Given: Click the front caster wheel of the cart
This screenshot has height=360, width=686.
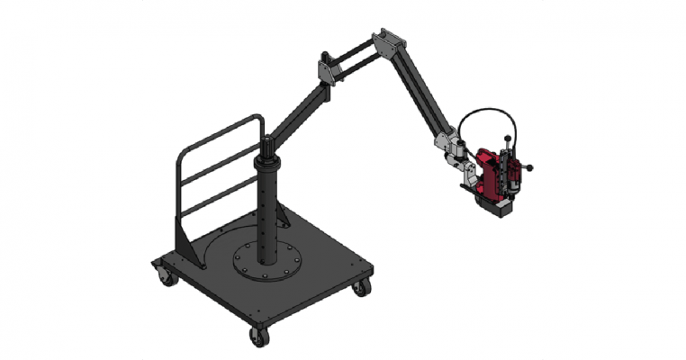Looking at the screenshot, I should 257,336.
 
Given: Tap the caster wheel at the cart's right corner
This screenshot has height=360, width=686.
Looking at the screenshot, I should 361,288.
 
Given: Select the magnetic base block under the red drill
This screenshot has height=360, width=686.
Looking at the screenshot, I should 498,207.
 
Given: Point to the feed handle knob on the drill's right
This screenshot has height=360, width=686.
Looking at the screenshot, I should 532,166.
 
